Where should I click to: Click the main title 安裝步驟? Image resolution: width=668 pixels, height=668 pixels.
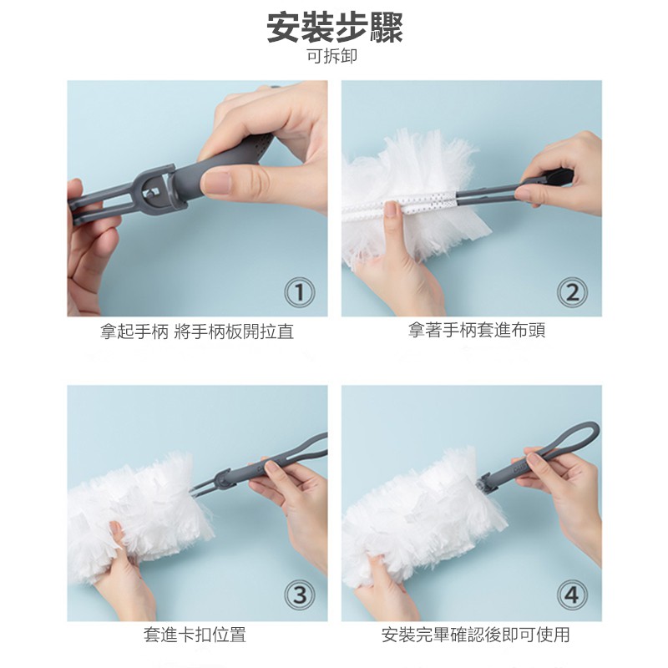[335, 28]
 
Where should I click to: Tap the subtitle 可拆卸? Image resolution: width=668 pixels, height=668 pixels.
[332, 56]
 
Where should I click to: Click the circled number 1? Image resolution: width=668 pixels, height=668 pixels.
[300, 292]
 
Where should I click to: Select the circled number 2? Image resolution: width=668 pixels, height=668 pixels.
[572, 292]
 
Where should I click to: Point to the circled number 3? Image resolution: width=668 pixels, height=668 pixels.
[300, 595]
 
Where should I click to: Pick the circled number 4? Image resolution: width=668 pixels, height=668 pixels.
[572, 595]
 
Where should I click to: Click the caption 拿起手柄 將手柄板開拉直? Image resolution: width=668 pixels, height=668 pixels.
[197, 331]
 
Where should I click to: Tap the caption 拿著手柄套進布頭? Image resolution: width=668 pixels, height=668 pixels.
[477, 330]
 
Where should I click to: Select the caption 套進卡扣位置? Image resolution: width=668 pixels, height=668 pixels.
[195, 635]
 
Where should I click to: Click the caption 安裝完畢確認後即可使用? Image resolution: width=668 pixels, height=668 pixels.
[475, 635]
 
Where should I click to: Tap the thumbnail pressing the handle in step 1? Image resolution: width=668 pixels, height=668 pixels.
[216, 182]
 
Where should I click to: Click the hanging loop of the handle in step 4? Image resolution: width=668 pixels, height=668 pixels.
[572, 443]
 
